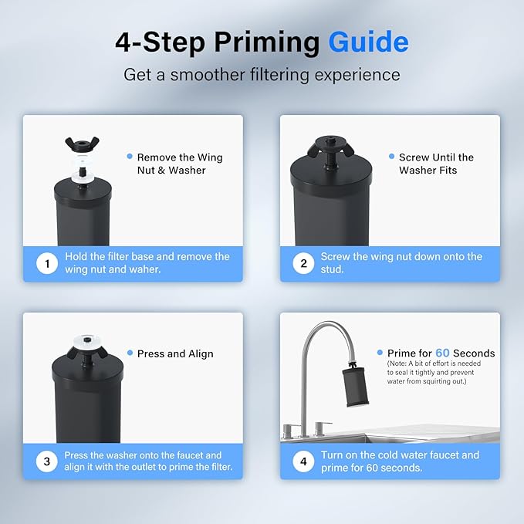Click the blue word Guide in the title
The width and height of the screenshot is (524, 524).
coord(368,42)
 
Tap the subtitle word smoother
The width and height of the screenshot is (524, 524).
coord(208,75)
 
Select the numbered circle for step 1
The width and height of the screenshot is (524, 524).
coord(47,264)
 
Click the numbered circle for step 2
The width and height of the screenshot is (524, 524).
coord(303,264)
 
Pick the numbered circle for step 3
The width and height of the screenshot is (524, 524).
coord(47,461)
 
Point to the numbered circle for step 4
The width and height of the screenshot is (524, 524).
coord(303,461)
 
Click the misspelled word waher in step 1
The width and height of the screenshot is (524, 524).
coord(145,269)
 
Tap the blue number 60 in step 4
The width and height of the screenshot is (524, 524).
coord(442,353)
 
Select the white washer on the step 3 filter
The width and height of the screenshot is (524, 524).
coord(87,341)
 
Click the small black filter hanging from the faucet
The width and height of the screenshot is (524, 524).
coord(355,387)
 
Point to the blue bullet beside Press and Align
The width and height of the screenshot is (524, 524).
coord(130,353)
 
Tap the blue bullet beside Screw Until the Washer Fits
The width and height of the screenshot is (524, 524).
coord(392,157)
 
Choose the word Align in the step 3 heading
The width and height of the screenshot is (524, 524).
coord(201,353)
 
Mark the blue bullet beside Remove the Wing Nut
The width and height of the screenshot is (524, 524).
coord(130,157)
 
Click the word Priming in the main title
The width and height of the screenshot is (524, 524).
coord(267,43)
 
